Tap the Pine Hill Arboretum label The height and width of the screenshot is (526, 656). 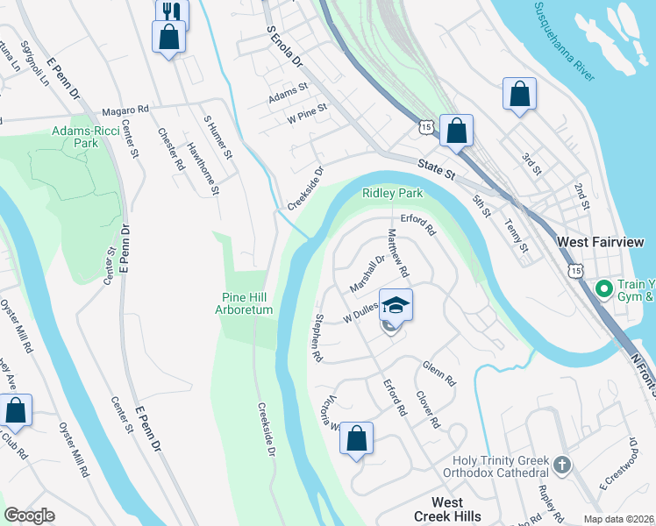click(x=246, y=303)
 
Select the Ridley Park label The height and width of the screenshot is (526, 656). click(x=393, y=193)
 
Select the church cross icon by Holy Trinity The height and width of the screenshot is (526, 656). click(x=562, y=463)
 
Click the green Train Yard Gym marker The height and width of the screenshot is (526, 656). click(x=603, y=288)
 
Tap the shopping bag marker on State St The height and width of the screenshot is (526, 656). click(x=456, y=131)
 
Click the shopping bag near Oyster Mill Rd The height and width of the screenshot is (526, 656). click(x=15, y=409)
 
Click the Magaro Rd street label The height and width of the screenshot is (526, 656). click(x=125, y=110)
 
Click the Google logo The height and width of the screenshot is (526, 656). click(x=30, y=515)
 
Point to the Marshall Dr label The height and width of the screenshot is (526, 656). click(x=367, y=274)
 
